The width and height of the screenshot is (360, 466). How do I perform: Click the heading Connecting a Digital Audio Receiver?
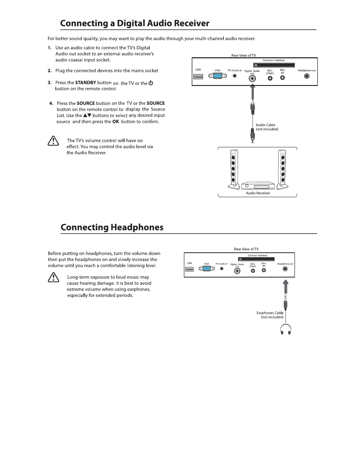point(135,24)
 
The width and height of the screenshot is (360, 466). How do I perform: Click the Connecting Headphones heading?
point(112,227)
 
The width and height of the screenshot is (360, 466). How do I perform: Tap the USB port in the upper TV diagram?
point(198,76)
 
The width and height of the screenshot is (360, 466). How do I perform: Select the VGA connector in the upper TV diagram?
point(218,76)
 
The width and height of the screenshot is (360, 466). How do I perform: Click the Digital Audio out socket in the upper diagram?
point(252,79)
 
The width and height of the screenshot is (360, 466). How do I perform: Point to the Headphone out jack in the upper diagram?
point(307,76)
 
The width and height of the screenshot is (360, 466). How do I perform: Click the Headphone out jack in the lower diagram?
point(285,269)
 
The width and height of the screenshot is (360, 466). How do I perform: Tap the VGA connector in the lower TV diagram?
point(207,269)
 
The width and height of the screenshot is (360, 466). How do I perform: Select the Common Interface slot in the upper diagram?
point(274,65)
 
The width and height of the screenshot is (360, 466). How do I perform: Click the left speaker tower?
point(234,169)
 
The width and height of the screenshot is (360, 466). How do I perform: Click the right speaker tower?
point(283,169)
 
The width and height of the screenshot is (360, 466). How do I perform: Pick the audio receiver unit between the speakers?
point(258,186)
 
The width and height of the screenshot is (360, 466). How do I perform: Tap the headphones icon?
point(286,329)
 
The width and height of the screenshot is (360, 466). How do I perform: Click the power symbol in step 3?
point(151,83)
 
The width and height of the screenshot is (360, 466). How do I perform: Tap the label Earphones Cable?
point(270,313)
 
